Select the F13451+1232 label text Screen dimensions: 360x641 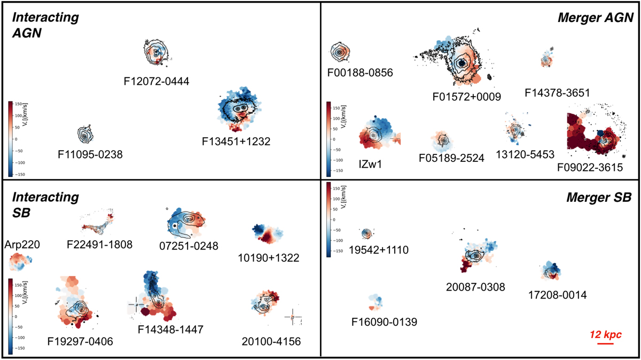tap(236, 142)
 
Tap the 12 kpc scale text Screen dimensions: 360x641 tap(605, 334)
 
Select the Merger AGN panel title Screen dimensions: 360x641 tap(595, 18)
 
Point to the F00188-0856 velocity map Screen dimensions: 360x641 tap(340, 52)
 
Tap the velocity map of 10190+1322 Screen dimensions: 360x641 tap(268, 234)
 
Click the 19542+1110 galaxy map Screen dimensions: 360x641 tap(366, 233)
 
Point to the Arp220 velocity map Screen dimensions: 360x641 tap(20, 262)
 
